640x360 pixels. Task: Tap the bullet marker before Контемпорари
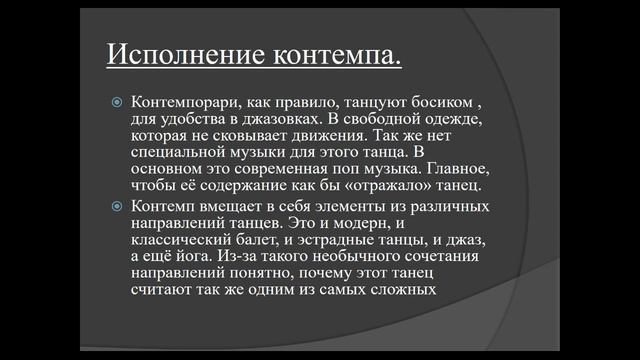point(116,103)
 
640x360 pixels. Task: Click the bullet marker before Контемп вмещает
point(116,206)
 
